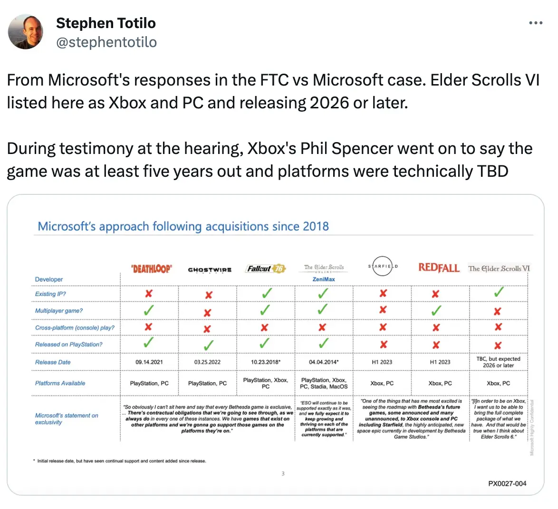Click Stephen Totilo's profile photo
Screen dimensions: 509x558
[x=26, y=31]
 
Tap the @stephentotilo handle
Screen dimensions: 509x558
[x=106, y=42]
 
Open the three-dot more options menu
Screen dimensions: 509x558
[x=536, y=23]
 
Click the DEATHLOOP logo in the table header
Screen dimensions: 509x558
[x=151, y=269]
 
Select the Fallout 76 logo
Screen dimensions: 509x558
[x=265, y=269]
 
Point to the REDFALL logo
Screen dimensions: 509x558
[x=439, y=268]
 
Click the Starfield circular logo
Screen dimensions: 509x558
[x=383, y=267]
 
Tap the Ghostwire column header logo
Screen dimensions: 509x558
[x=210, y=269]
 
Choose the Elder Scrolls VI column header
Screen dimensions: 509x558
[x=499, y=269]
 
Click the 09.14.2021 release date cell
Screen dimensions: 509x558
[x=149, y=362]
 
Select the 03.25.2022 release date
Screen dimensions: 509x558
[x=207, y=362]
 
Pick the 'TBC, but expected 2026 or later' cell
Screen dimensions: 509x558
[x=498, y=362]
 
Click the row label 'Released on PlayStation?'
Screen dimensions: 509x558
[x=68, y=345]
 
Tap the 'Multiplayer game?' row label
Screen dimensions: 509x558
[x=58, y=311]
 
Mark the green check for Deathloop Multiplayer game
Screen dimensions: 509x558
[x=148, y=310]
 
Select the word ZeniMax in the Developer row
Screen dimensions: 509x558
[x=324, y=279]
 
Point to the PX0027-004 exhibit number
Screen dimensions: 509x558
[x=507, y=483]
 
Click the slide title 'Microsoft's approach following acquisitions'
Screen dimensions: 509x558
[x=183, y=226]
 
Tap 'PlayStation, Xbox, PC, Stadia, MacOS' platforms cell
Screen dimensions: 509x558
[x=324, y=383]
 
